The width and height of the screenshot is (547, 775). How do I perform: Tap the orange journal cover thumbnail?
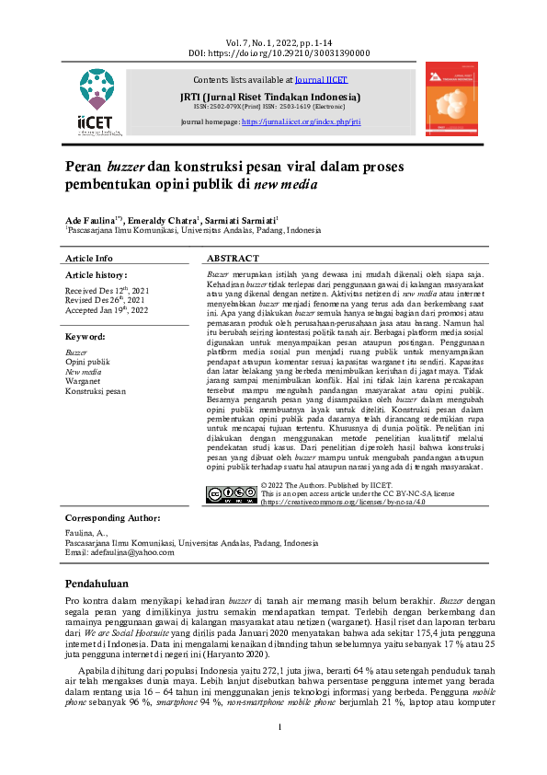pyautogui.click(x=451, y=99)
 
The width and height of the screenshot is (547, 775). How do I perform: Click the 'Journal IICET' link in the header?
pyautogui.click(x=322, y=80)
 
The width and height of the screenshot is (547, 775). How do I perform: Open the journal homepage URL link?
pyautogui.click(x=301, y=121)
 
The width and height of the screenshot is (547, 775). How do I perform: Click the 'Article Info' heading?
pyautogui.click(x=89, y=260)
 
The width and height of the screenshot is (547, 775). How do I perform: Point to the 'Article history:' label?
pyautogui.click(x=96, y=275)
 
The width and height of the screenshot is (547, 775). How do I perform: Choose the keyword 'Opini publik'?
pyautogui.click(x=87, y=363)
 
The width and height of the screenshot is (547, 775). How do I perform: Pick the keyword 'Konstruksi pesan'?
pyautogui.click(x=96, y=391)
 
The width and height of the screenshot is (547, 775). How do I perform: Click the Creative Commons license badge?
pyautogui.click(x=232, y=493)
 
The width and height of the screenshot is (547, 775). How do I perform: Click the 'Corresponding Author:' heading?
pyautogui.click(x=119, y=518)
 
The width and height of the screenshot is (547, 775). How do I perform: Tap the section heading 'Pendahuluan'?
pyautogui.click(x=103, y=584)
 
